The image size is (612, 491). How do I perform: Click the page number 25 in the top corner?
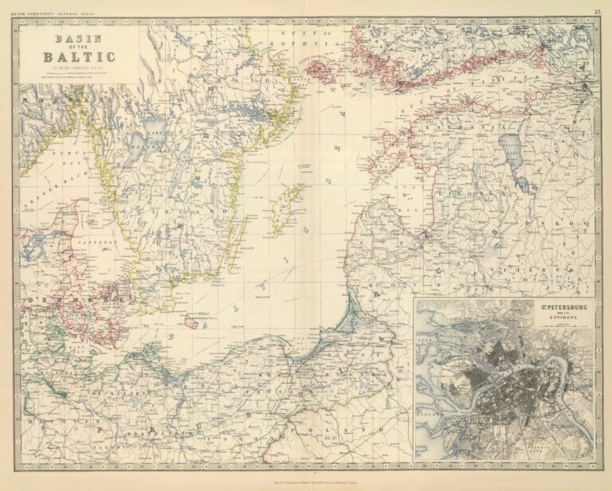click(x=598, y=11)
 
